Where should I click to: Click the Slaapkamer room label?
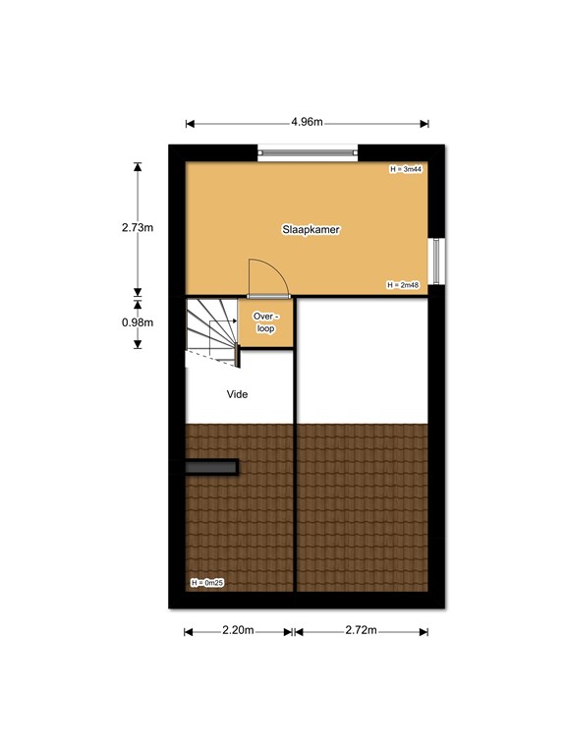pyautogui.click(x=311, y=230)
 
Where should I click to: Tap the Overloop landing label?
pyautogui.click(x=265, y=322)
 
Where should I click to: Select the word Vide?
pyautogui.click(x=237, y=394)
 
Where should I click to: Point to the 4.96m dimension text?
pyautogui.click(x=307, y=122)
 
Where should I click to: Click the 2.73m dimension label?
pyautogui.click(x=138, y=227)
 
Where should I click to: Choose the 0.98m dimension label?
pyautogui.click(x=138, y=322)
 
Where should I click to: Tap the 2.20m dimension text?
pyautogui.click(x=238, y=630)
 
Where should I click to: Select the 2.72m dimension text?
pyautogui.click(x=361, y=630)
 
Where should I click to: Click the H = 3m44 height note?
pyautogui.click(x=406, y=169)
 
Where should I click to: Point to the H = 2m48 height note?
pyautogui.click(x=403, y=285)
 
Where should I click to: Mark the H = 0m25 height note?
pyautogui.click(x=207, y=583)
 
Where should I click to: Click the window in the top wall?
pyautogui.click(x=308, y=152)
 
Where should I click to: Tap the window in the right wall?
pyautogui.click(x=436, y=261)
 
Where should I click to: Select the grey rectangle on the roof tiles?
pyautogui.click(x=211, y=467)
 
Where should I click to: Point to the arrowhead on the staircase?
pyautogui.click(x=235, y=321)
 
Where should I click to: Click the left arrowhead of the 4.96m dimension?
pyautogui.click(x=190, y=124)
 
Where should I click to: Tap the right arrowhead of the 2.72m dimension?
pyautogui.click(x=424, y=632)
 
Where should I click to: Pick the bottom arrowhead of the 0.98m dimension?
pyautogui.click(x=138, y=344)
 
